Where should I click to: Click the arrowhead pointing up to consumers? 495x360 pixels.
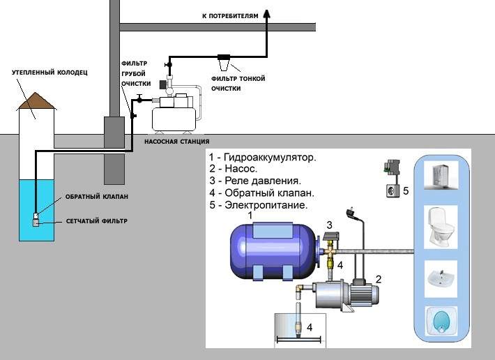[x=267, y=13]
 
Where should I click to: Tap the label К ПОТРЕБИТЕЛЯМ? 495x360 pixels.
[x=230, y=16]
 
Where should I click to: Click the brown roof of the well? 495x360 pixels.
[x=36, y=100]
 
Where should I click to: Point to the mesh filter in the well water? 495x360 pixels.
[x=36, y=223]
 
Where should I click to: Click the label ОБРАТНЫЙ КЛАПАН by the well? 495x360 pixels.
[x=97, y=197]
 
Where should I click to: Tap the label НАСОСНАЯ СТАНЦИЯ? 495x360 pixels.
[x=177, y=142]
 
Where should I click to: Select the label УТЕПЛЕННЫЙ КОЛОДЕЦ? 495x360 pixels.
[x=50, y=73]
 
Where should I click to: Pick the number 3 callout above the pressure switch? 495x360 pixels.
[x=329, y=225]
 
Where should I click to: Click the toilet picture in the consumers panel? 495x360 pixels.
[x=441, y=227]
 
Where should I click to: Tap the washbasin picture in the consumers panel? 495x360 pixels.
[x=441, y=278]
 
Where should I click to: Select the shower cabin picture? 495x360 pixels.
[x=441, y=175]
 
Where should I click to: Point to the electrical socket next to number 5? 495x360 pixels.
[x=393, y=191]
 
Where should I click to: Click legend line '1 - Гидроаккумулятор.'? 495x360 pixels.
[x=263, y=157]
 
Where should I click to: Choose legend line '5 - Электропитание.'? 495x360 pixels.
[x=259, y=205]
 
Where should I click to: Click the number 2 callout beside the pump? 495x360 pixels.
[x=378, y=279]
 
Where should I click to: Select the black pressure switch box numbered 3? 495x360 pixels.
[x=330, y=236]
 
